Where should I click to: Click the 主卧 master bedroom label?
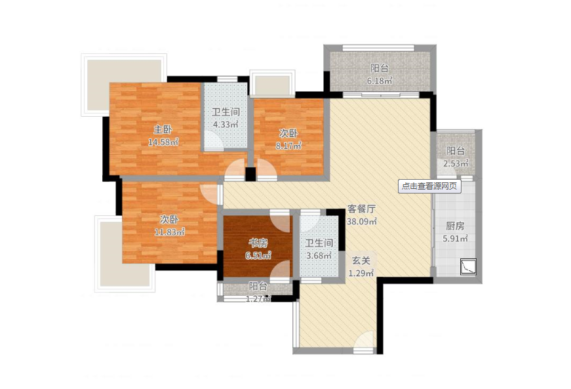click(x=163, y=129)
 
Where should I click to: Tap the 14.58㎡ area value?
click(x=163, y=142)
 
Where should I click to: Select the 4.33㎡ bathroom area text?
click(x=226, y=124)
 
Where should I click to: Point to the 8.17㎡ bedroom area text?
click(x=288, y=146)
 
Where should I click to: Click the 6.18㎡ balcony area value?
click(x=380, y=81)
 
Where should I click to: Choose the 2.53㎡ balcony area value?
click(x=456, y=163)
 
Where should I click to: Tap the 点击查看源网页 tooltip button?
click(x=429, y=186)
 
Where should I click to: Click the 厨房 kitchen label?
click(x=455, y=226)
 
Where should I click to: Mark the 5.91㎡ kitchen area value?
click(x=455, y=239)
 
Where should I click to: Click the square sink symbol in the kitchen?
click(x=468, y=266)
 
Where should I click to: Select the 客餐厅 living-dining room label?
click(x=361, y=209)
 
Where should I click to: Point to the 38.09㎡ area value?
click(x=362, y=222)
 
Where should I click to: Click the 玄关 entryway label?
click(x=361, y=261)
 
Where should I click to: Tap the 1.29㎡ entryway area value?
click(x=361, y=273)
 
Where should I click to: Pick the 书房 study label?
click(x=258, y=243)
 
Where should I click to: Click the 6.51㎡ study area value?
click(x=258, y=256)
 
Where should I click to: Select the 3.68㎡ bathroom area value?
click(x=319, y=256)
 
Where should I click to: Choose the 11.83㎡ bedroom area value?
click(x=170, y=232)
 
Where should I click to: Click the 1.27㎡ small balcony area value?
click(x=258, y=299)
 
